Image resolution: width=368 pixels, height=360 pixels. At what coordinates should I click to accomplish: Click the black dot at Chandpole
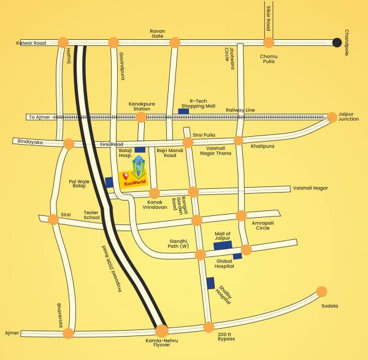pyautogui.click(x=337, y=42)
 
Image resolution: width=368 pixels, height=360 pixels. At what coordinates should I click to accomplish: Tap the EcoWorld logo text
pyautogui.click(x=134, y=183)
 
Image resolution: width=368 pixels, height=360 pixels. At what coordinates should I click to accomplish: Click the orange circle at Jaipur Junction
pyautogui.click(x=332, y=116)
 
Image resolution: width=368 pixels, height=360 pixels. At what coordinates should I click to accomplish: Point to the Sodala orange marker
pyautogui.click(x=321, y=291)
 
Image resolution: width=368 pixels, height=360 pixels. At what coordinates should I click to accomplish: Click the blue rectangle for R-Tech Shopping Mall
pyautogui.click(x=183, y=111)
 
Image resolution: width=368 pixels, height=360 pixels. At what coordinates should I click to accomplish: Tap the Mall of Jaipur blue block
pyautogui.click(x=222, y=245)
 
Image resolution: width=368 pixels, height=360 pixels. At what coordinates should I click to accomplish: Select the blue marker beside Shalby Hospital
pyautogui.click(x=210, y=283)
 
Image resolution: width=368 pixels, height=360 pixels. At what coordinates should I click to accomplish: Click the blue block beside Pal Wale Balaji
pyautogui.click(x=109, y=182)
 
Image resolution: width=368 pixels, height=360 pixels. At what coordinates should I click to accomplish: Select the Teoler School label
pyautogui.click(x=91, y=214)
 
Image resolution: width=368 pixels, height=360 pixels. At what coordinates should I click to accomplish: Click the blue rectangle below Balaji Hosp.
pyautogui.click(x=140, y=149)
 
